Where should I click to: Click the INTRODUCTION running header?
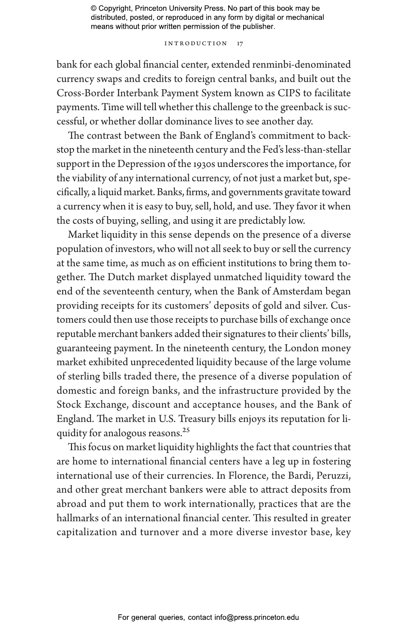coord(196,44)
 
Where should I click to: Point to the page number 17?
coord(240,44)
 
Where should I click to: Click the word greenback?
coord(302,107)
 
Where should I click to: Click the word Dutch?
coord(121,277)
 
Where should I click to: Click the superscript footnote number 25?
coord(186,430)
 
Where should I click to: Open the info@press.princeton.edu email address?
coord(256,617)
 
